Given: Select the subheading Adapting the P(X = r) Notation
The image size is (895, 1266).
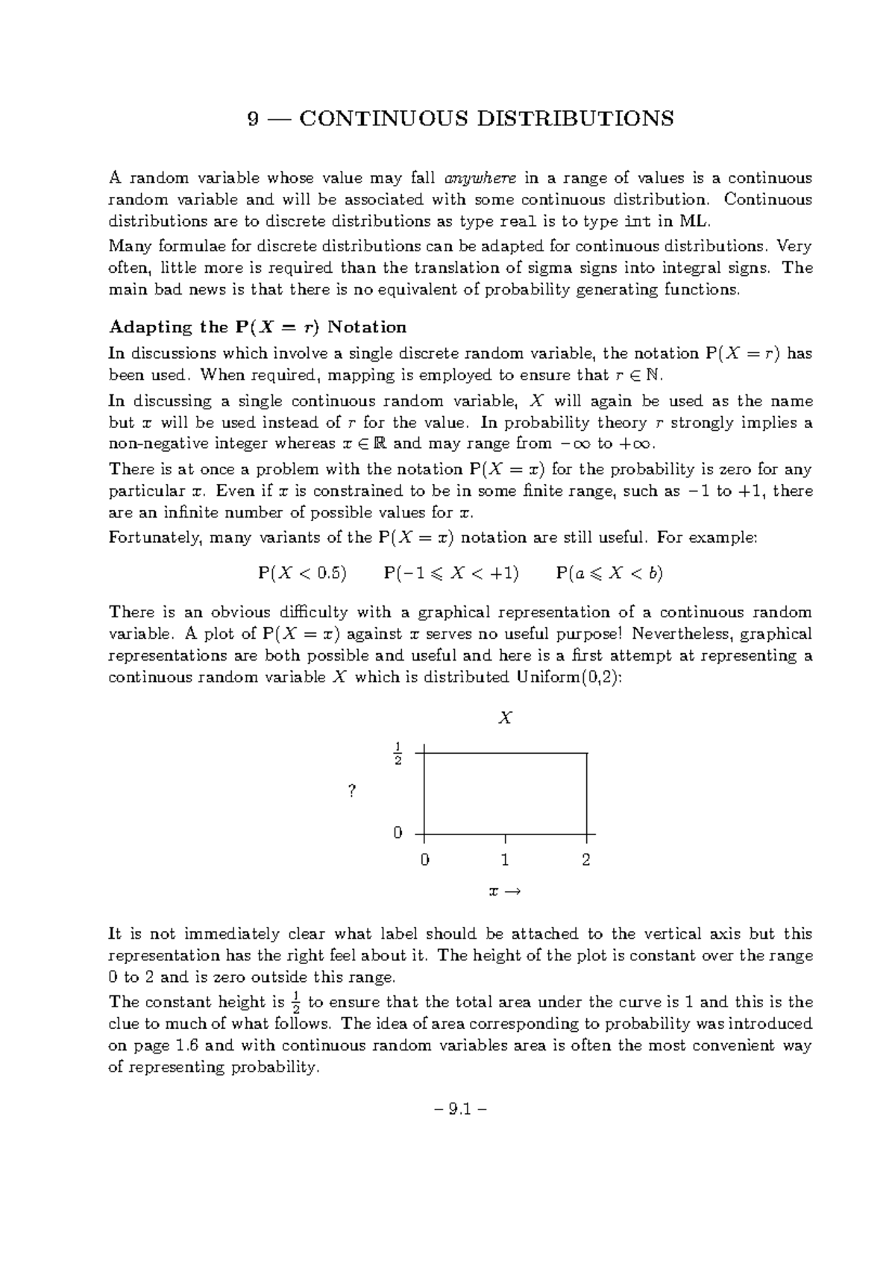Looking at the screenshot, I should point(257,327).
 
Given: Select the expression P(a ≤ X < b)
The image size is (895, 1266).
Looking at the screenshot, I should point(609,573).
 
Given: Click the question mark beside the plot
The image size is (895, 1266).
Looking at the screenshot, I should point(352,792).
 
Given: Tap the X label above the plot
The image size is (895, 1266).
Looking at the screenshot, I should point(505,719).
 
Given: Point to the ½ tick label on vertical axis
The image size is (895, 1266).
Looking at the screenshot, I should point(398,754).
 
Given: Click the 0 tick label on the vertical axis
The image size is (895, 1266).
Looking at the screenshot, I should point(398,833).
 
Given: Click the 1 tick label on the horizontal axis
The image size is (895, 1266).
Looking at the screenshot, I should point(505,860).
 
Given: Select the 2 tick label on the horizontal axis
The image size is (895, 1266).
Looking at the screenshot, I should point(586,860).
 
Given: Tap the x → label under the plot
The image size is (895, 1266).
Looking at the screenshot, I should point(503,892).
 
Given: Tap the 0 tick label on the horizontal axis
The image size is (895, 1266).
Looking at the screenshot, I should point(424,860).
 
